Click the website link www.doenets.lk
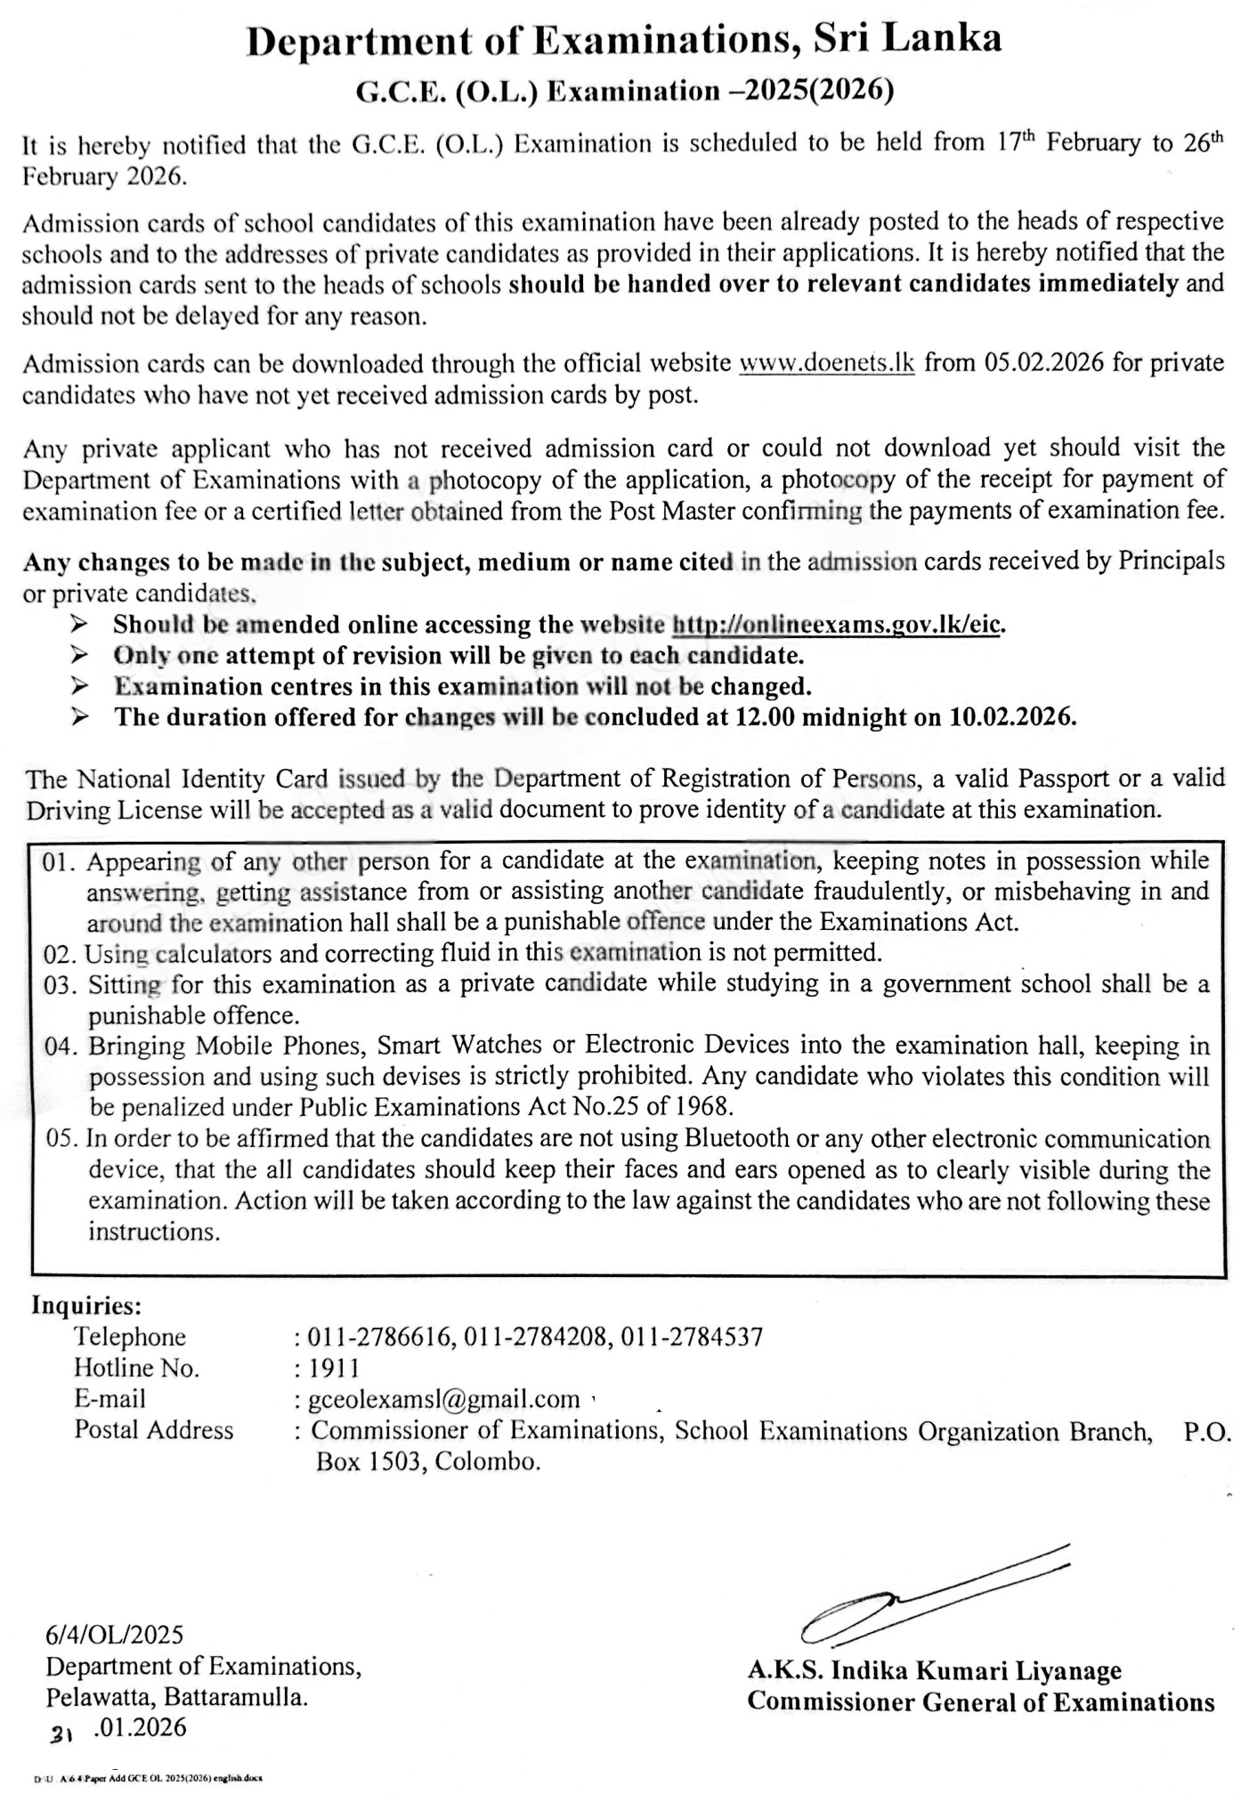[x=827, y=363]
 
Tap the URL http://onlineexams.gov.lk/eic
[x=837, y=625]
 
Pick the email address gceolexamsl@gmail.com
[x=443, y=1399]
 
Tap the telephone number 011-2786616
[x=382, y=1336]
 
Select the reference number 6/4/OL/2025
[x=115, y=1634]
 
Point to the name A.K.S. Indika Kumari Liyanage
[x=934, y=1670]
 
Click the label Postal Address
[x=154, y=1430]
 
